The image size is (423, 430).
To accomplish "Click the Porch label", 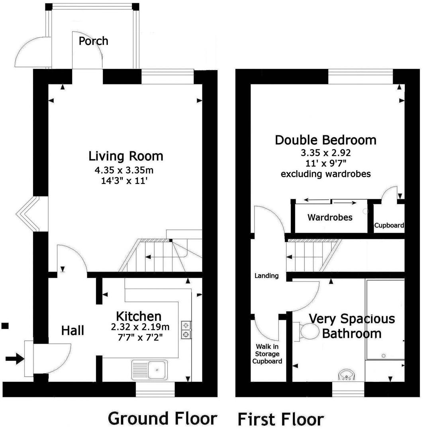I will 93,41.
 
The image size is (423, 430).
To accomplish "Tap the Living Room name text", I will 126,156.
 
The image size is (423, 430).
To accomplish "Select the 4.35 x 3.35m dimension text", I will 124,170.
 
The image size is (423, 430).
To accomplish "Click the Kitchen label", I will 139,317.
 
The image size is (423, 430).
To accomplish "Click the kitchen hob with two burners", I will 186,330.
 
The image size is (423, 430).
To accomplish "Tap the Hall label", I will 72,330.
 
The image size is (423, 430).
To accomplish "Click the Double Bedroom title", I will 325,140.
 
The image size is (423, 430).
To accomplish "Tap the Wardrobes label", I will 330,217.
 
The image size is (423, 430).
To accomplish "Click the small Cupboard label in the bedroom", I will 389,225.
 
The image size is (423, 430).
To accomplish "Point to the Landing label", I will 266,276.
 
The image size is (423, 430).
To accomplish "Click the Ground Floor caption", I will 163,418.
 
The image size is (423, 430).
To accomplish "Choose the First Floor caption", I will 280,419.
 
